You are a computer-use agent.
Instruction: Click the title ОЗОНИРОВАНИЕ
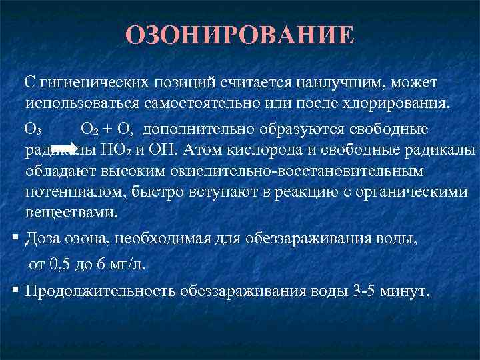[240, 35]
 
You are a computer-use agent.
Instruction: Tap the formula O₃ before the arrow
[34, 128]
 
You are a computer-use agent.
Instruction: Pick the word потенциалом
[73, 192]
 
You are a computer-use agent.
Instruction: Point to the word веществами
[71, 213]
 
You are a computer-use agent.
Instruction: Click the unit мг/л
[127, 264]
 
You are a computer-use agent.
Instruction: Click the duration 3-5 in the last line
[365, 291]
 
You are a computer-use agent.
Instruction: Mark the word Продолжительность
[100, 291]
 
